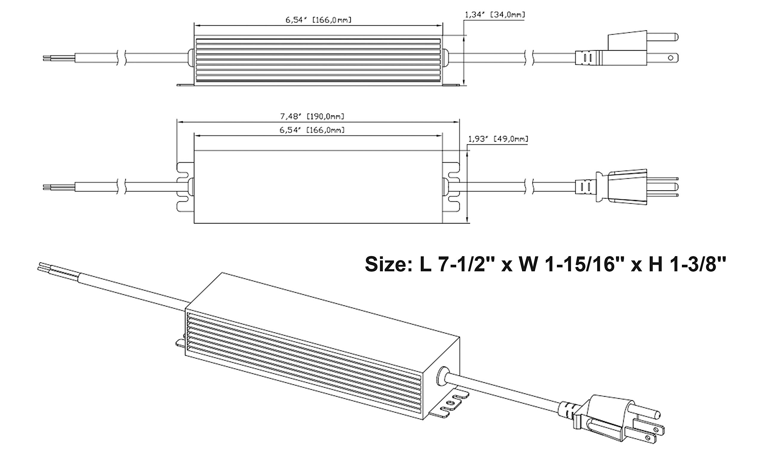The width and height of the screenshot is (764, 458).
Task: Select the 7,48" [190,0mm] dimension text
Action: click(x=312, y=116)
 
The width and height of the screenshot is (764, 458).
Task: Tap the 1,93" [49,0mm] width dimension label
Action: click(x=498, y=139)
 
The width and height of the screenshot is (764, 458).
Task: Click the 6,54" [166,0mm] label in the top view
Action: click(x=318, y=20)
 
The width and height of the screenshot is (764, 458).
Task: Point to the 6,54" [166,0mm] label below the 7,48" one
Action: click(x=312, y=130)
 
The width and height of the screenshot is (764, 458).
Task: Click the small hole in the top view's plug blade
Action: click(x=670, y=58)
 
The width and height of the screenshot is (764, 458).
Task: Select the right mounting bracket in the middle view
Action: click(x=451, y=187)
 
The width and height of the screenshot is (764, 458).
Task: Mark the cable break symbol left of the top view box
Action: click(x=121, y=58)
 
